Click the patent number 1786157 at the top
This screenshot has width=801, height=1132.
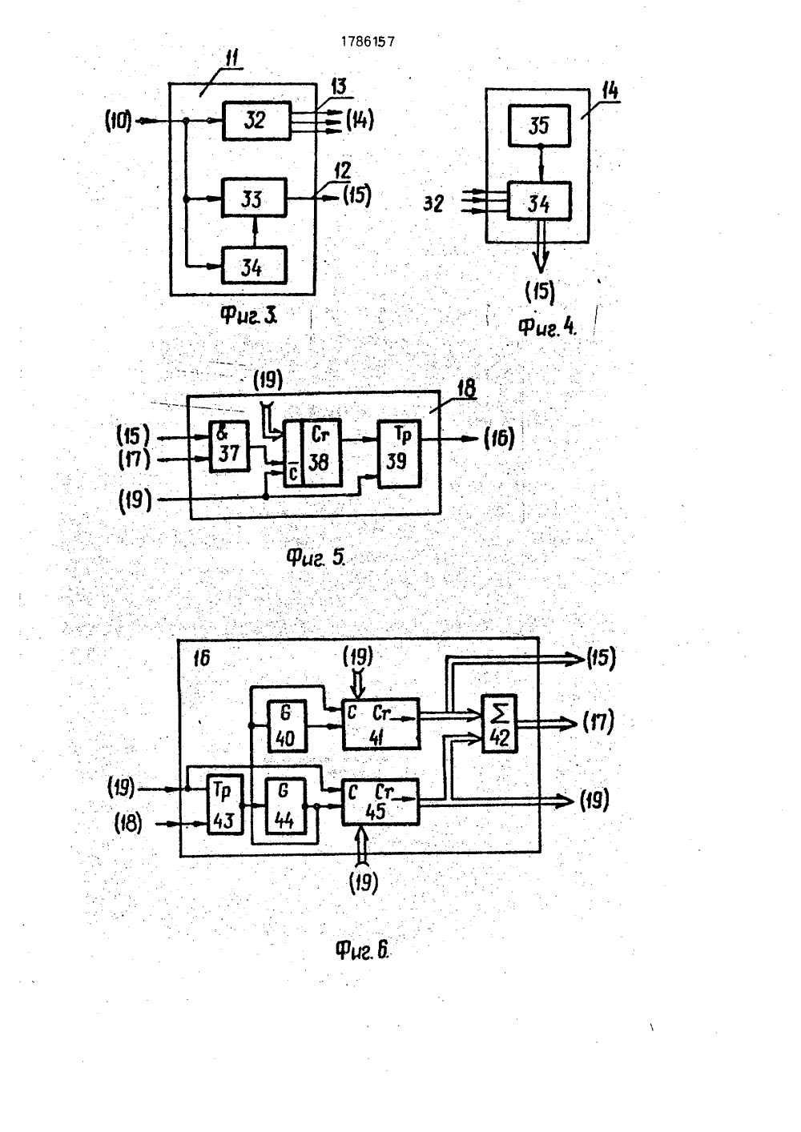(368, 42)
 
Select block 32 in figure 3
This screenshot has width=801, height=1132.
(256, 121)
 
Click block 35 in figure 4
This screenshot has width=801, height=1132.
(539, 126)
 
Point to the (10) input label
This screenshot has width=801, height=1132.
(119, 122)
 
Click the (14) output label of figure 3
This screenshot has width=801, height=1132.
(360, 120)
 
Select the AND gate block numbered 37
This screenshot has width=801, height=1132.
(230, 447)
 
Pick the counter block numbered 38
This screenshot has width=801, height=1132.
(312, 453)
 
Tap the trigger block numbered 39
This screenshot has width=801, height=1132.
(400, 453)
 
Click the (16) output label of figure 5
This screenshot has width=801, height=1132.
(498, 438)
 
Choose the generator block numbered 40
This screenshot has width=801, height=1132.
(287, 726)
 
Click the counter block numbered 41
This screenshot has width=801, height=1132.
(380, 725)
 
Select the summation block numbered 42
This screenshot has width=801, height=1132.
(499, 724)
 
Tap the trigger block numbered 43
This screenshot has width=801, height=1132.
(224, 804)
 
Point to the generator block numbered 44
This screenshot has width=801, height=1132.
(286, 806)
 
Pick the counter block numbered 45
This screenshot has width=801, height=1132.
(380, 802)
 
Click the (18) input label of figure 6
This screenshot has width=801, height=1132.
(128, 824)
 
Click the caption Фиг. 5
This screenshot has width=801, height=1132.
(316, 557)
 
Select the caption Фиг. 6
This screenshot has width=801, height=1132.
(363, 950)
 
